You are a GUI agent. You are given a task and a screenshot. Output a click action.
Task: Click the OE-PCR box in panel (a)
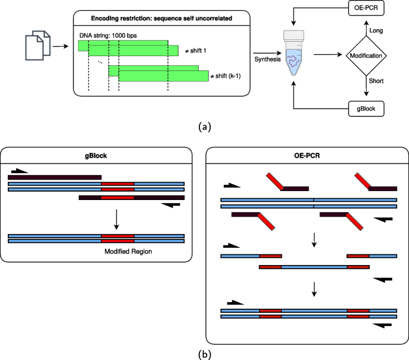367,10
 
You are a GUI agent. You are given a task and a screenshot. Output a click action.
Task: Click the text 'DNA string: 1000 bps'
107,35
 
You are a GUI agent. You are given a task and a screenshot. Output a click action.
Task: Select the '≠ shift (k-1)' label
228,76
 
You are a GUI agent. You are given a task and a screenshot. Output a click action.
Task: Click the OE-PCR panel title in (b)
306,156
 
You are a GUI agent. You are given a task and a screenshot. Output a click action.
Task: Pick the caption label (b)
204,354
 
